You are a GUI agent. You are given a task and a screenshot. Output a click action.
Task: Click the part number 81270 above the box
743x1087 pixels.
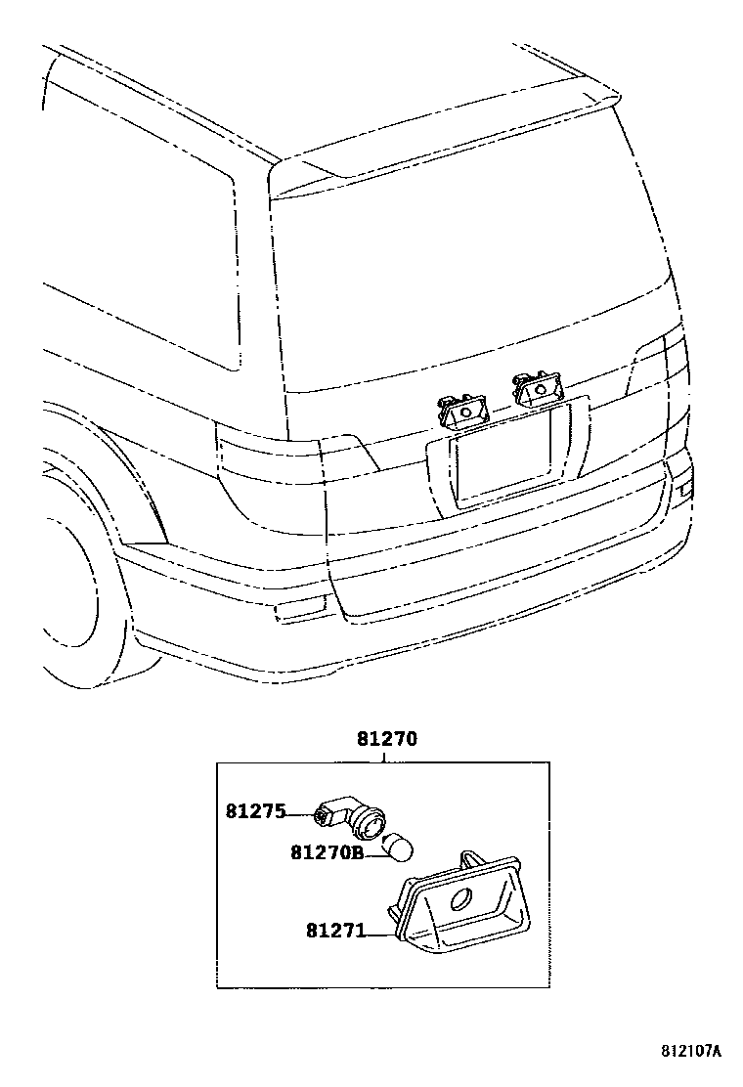(x=386, y=740)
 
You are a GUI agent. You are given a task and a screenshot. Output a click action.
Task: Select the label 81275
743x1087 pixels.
(x=255, y=811)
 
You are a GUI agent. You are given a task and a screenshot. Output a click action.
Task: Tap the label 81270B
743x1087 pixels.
(x=327, y=852)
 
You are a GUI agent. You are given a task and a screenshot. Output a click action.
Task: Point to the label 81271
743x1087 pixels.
(x=334, y=933)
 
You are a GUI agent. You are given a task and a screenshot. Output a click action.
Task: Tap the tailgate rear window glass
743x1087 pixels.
(x=469, y=274)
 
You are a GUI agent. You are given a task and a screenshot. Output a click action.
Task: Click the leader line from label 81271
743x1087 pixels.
(x=379, y=934)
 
